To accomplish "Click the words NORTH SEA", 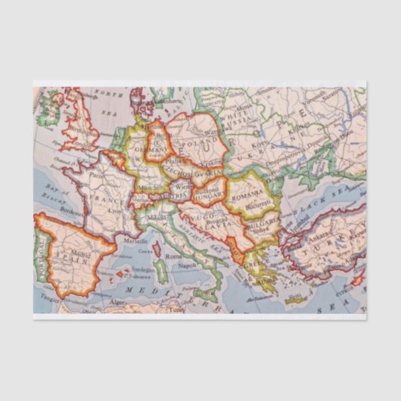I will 110,101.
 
